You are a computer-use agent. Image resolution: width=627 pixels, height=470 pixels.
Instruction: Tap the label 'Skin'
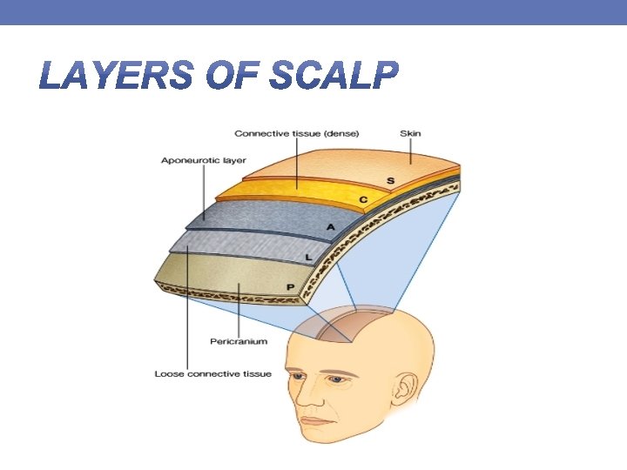click(409, 133)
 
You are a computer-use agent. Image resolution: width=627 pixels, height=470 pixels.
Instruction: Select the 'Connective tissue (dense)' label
click(296, 133)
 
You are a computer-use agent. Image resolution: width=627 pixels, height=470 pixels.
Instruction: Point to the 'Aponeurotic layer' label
click(204, 160)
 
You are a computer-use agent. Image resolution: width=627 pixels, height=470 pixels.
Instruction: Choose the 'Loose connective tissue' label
click(213, 374)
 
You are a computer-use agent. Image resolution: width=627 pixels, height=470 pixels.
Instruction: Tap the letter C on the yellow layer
click(363, 200)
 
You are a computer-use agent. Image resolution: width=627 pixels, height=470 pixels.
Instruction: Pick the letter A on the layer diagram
click(331, 227)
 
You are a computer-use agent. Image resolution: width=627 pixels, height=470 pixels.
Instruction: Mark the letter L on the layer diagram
click(309, 258)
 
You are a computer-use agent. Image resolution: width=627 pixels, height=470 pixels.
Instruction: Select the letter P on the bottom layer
click(290, 286)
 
